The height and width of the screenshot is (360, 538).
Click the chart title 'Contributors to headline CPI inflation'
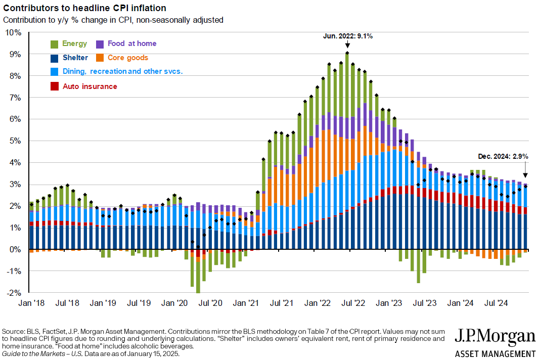84,9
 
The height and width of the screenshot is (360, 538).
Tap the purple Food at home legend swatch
100,44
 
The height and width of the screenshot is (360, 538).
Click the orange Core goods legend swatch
100,58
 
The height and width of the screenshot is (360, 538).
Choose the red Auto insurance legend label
89,86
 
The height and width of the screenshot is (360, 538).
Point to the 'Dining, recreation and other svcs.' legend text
122,72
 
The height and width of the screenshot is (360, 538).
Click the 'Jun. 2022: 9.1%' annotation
347,36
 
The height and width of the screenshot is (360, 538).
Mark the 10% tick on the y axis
14,32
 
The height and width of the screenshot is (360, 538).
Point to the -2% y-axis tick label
14,293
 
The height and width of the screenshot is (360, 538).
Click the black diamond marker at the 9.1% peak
347,53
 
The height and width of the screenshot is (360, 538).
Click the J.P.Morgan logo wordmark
495,337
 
